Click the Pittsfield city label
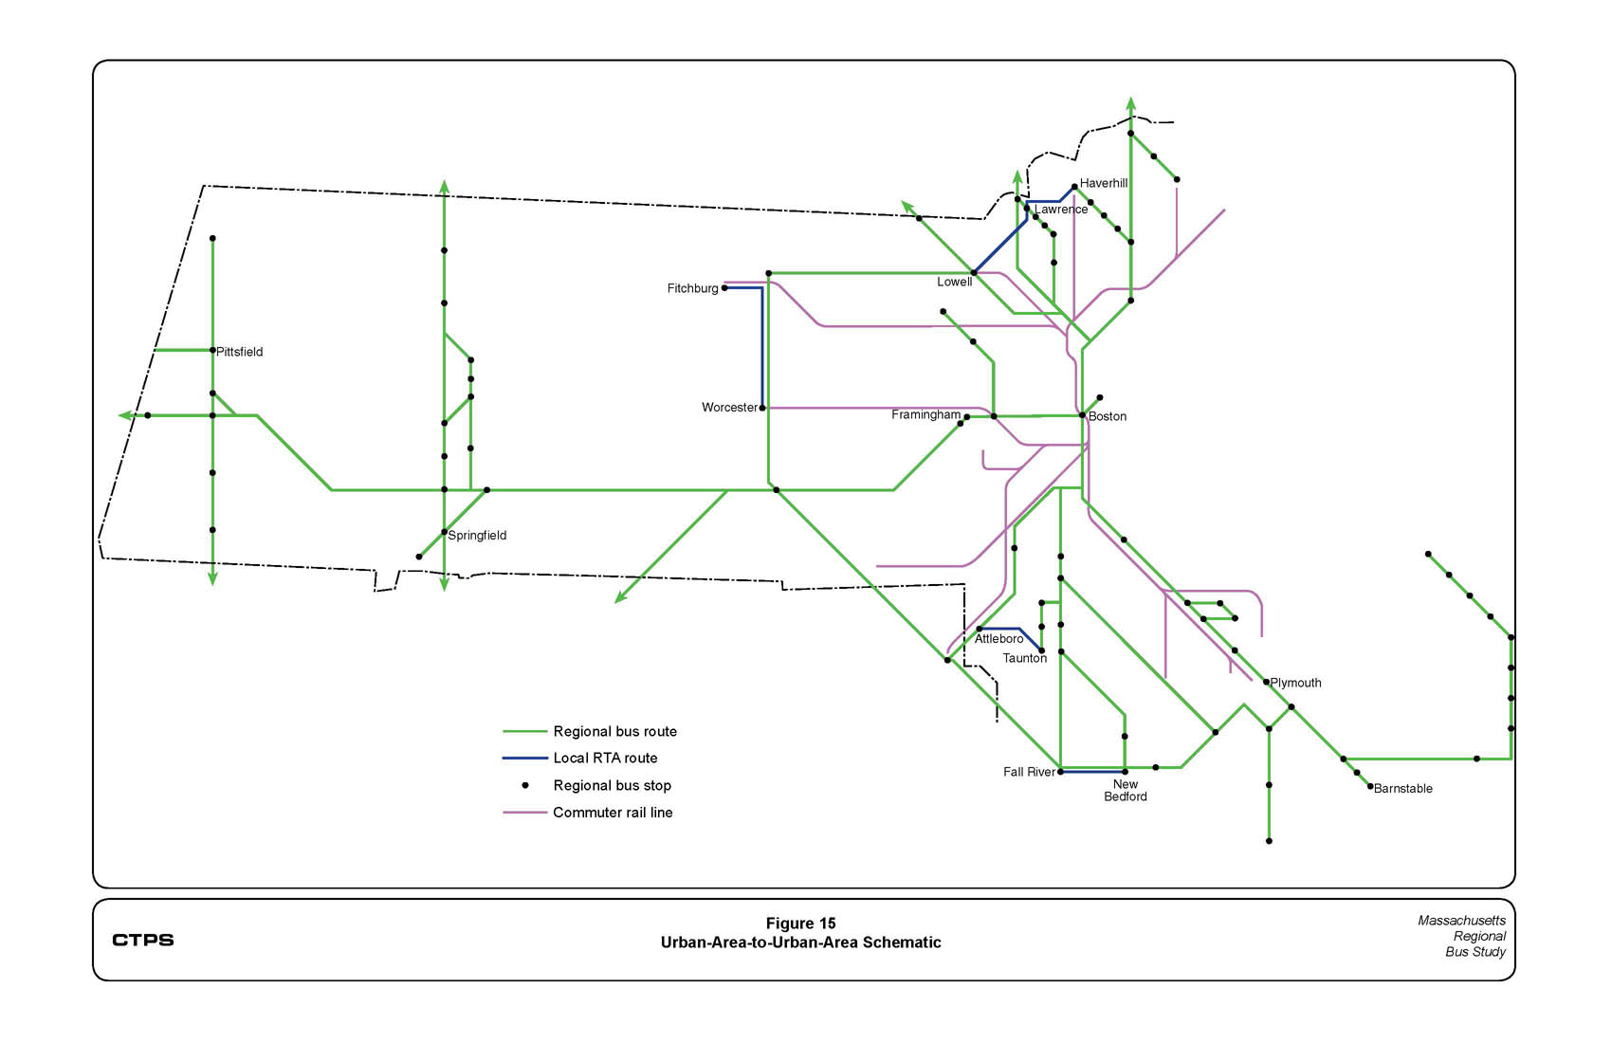coord(239,352)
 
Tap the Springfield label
coord(477,536)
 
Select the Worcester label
coord(729,408)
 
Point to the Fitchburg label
coord(692,288)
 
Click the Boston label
coord(1107,416)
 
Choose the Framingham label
coord(925,414)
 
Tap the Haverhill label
coord(1103,183)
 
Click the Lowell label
coord(954,282)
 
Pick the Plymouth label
coord(1295,683)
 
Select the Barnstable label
coord(1402,789)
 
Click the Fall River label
coord(1028,772)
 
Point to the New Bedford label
coord(1125,791)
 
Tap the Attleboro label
coord(998,639)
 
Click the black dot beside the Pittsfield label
coord(212,350)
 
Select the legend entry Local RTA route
coord(605,759)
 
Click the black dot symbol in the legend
coord(525,785)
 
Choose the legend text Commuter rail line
coord(613,813)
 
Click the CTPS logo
coord(143,940)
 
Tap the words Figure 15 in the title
coord(800,924)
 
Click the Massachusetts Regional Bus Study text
coord(1461,936)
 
